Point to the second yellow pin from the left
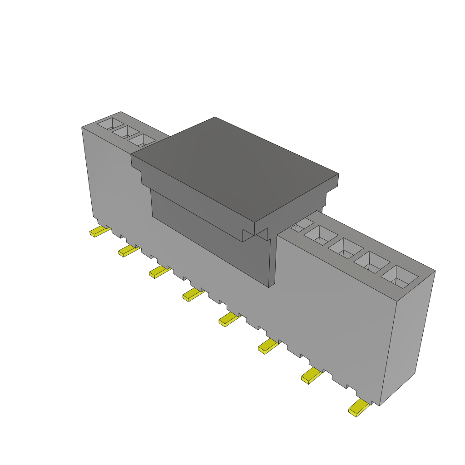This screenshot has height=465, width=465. (129, 251)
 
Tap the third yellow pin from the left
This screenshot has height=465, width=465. (159, 272)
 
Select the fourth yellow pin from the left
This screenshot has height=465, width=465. (193, 295)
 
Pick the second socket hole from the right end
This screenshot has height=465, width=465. (372, 262)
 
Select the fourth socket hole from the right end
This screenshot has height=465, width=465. (321, 234)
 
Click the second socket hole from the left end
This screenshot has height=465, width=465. (126, 132)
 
